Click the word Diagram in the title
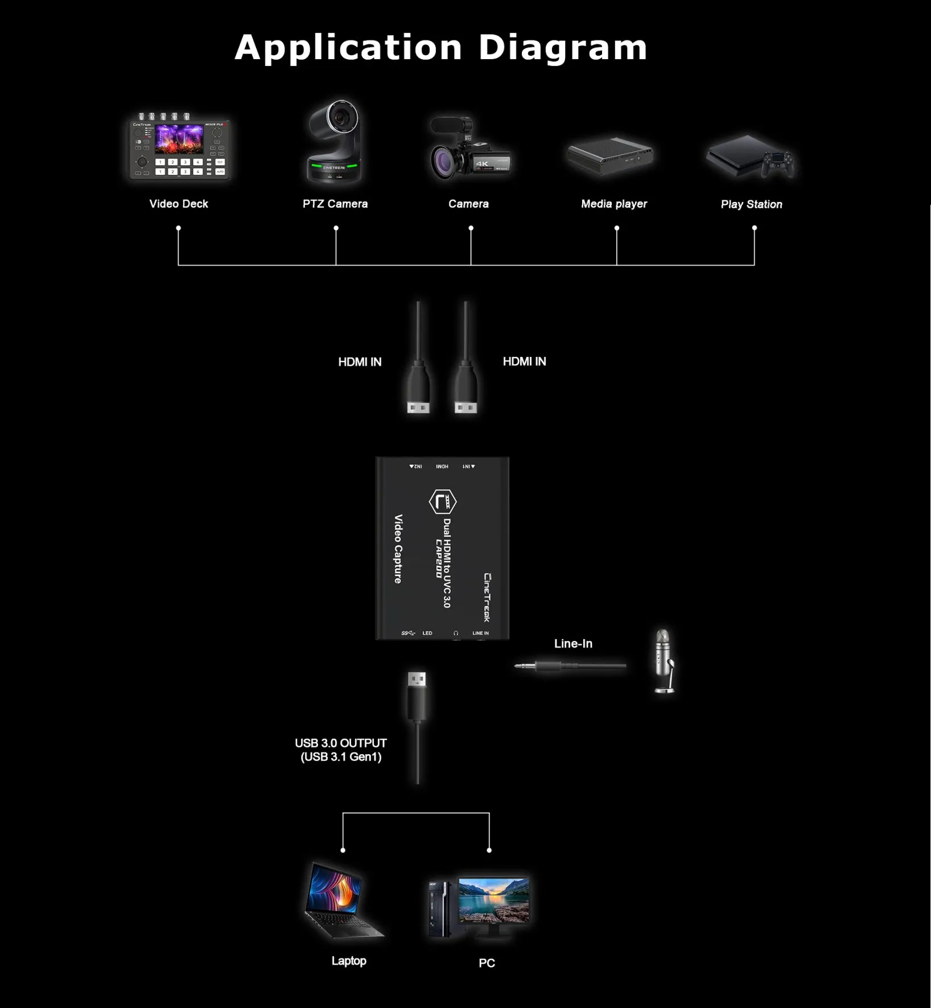point(562,48)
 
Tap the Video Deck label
point(179,204)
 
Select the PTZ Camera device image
point(335,142)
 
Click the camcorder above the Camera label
point(469,149)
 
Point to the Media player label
point(614,204)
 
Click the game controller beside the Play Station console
point(778,163)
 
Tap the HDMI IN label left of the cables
point(360,362)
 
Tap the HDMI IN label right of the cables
point(524,361)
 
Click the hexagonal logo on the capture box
point(442,502)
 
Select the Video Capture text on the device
point(398,549)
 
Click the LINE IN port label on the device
point(480,633)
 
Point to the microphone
point(663,660)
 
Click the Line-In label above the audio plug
point(573,644)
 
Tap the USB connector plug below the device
point(417,694)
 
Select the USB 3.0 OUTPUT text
point(340,743)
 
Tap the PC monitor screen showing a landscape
point(493,900)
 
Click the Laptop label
point(349,961)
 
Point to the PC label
point(487,963)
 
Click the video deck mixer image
point(179,148)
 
